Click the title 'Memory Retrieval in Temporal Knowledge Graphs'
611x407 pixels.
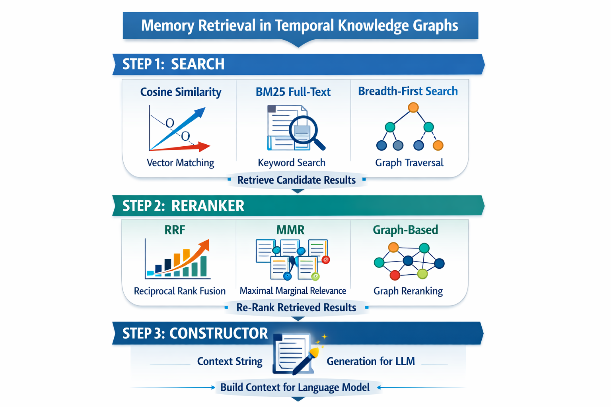pyautogui.click(x=300, y=25)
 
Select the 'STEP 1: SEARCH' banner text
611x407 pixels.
pyautogui.click(x=173, y=64)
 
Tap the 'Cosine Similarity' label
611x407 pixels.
pyautogui.click(x=181, y=92)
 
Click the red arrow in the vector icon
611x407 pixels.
pyautogui.click(x=204, y=146)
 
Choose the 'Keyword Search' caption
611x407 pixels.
pyautogui.click(x=292, y=163)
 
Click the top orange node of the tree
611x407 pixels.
pyautogui.click(x=413, y=107)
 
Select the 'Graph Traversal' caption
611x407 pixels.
pyautogui.click(x=409, y=163)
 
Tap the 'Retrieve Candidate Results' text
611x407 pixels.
pyautogui.click(x=296, y=180)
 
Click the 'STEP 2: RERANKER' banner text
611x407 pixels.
pyautogui.click(x=183, y=206)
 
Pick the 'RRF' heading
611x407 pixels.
pyautogui.click(x=175, y=230)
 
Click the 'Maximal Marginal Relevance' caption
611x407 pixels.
pyautogui.click(x=293, y=291)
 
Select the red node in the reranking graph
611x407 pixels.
pyautogui.click(x=395, y=275)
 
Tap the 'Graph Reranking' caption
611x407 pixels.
pyautogui.click(x=408, y=291)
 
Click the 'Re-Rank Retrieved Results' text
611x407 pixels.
pyautogui.click(x=296, y=308)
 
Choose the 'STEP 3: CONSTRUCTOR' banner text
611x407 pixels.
pyautogui.click(x=195, y=333)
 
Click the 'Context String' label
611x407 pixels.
pyautogui.click(x=230, y=361)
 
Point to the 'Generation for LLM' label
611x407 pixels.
pyautogui.click(x=370, y=361)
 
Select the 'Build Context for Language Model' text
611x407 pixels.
pyautogui.click(x=295, y=387)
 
